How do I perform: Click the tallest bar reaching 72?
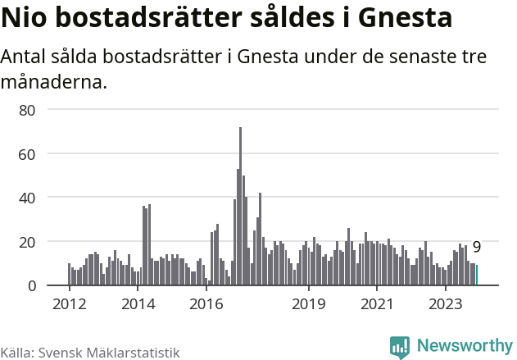[x=240, y=206]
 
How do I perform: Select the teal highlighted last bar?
[x=477, y=276]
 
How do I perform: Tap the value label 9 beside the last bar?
[x=477, y=247]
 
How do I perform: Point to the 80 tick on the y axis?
[x=27, y=109]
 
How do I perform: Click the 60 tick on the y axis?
[x=27, y=153]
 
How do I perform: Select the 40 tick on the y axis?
[x=27, y=198]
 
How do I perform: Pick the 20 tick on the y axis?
[x=27, y=242]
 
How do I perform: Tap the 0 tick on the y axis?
[x=31, y=285]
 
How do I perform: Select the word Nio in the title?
[x=26, y=18]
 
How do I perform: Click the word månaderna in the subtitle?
[x=53, y=82]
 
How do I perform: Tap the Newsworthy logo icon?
[x=400, y=347]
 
